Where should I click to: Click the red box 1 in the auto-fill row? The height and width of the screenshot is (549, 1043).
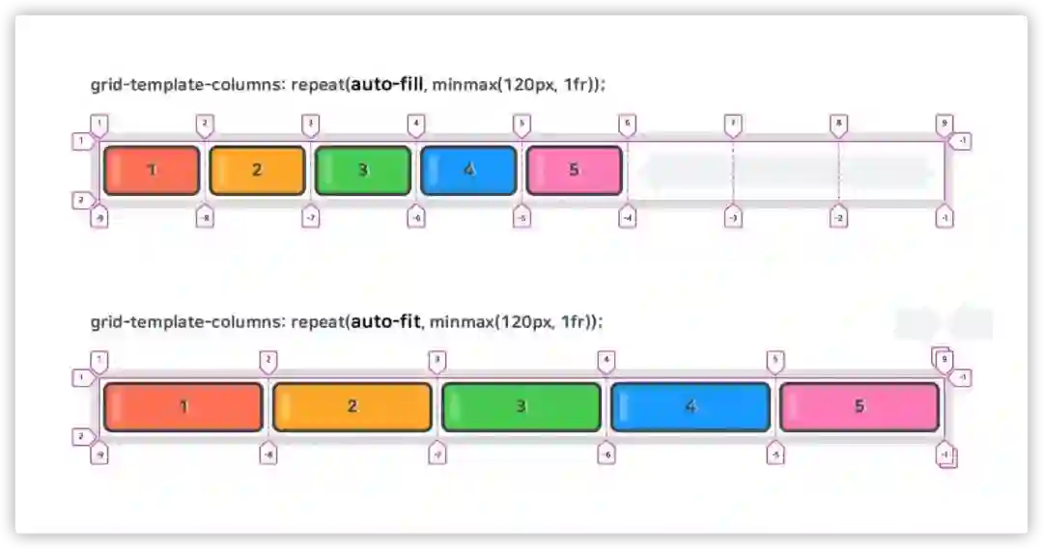coord(152,170)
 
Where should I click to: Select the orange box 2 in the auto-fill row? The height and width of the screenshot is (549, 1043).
coord(257,170)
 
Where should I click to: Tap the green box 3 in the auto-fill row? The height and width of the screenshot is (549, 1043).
coord(363,170)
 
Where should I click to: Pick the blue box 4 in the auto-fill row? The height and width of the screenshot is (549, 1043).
coord(468,170)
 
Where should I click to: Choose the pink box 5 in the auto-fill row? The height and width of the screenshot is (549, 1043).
coord(574,170)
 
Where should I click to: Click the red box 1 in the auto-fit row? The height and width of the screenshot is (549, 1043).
coord(183,406)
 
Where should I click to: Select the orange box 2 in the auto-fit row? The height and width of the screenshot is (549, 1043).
coord(352,406)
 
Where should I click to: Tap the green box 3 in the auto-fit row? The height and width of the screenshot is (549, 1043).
coord(521,406)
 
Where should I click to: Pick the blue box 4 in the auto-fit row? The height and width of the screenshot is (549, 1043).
coord(691,406)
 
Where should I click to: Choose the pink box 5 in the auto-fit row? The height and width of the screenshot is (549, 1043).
coord(860,406)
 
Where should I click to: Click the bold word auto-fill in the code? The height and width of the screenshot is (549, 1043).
coord(387,85)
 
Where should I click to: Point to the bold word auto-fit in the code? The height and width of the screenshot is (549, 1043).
coord(385,321)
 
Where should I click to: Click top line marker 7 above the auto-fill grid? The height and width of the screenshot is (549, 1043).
coord(733,124)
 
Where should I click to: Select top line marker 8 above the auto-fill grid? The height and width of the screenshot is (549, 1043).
coord(838,124)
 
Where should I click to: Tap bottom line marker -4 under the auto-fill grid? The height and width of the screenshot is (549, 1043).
coord(628,217)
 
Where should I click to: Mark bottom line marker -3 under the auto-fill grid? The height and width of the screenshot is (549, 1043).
coord(733,217)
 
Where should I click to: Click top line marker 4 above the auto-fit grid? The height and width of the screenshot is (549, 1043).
coord(606,362)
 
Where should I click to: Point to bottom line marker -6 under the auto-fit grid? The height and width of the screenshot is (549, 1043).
coord(606,454)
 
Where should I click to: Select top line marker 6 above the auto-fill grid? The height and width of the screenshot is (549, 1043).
coord(628,124)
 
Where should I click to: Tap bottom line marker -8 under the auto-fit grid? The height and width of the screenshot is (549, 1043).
coord(268,454)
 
